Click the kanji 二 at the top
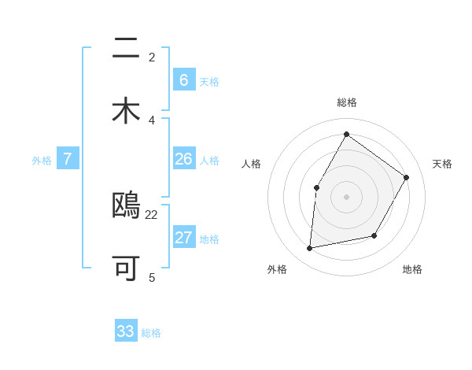[126, 50]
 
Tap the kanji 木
[126, 111]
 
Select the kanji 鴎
[126, 206]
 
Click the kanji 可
[126, 268]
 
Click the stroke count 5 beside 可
[152, 277]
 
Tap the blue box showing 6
[183, 80]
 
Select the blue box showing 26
[183, 159]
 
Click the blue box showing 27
[183, 238]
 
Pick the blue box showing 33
[126, 331]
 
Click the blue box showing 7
[68, 159]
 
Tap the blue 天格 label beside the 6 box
[209, 81]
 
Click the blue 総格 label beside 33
[151, 333]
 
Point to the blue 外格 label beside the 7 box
[42, 161]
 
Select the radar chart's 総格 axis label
[346, 102]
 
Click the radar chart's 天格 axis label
[442, 164]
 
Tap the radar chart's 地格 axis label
[412, 269]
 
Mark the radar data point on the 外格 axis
[310, 249]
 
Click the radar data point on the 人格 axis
[317, 187]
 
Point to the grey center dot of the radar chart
[346, 196]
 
